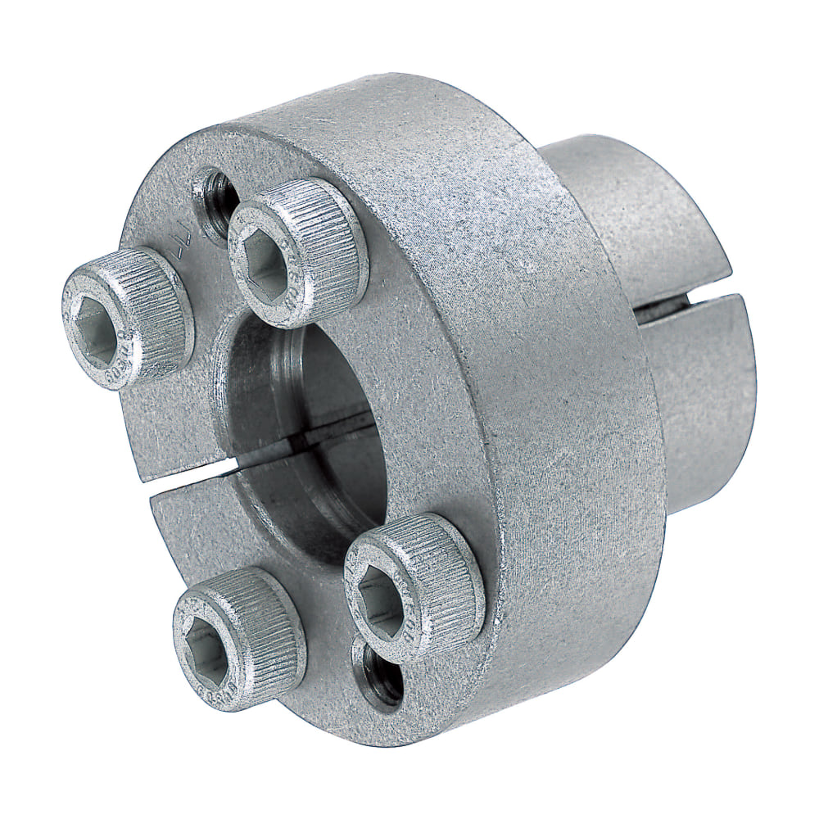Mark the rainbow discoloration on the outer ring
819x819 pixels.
[565, 516]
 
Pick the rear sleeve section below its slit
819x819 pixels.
[704, 409]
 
